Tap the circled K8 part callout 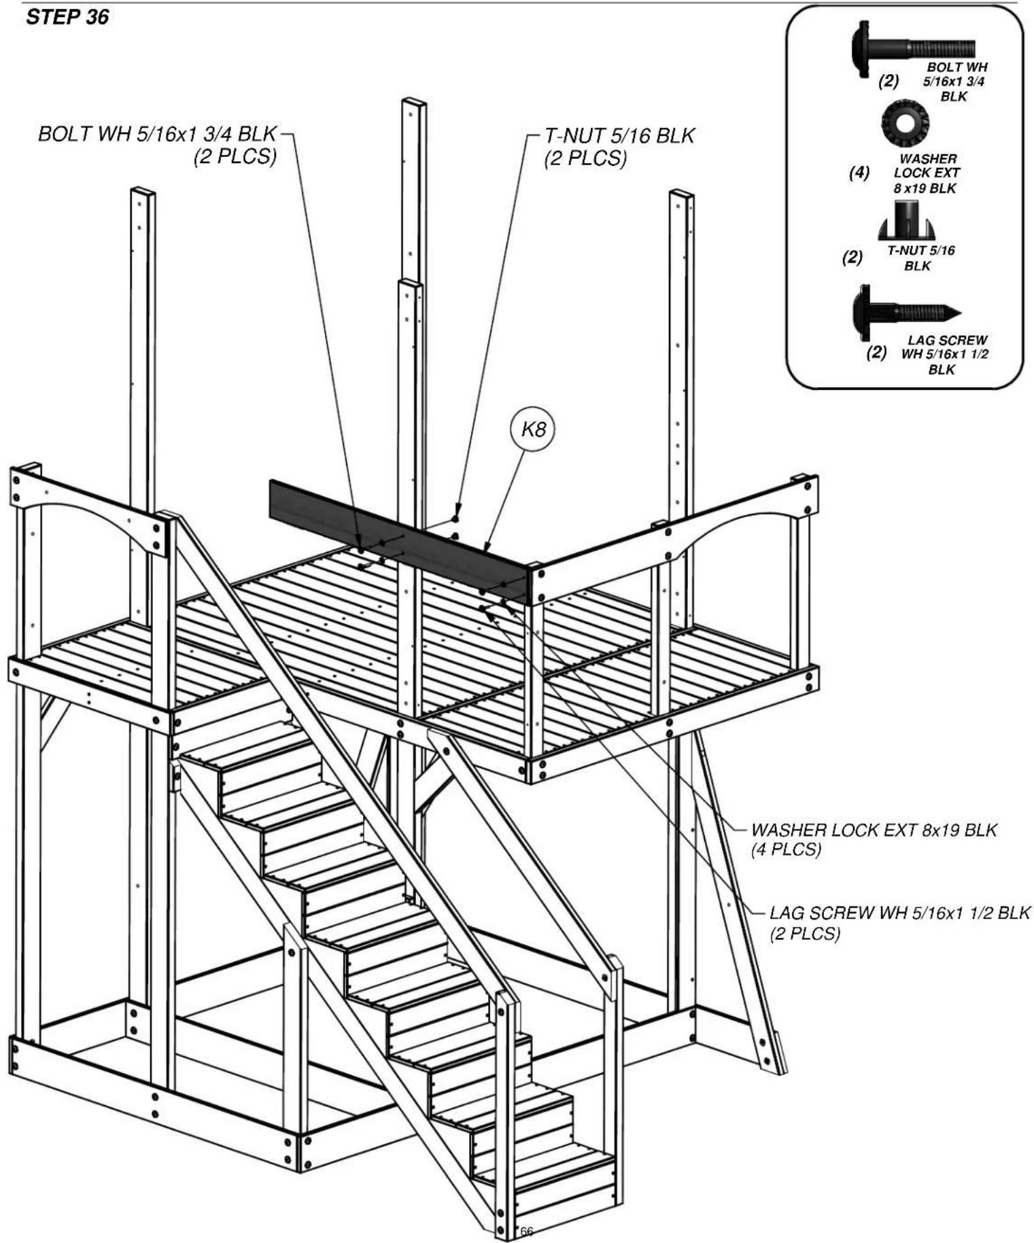pos(532,430)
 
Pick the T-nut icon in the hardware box pos(903,222)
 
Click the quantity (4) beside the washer pos(859,173)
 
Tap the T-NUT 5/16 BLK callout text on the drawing pos(619,135)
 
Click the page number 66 pos(527,1231)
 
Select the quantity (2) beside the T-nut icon pos(852,257)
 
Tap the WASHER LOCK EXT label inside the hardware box pos(927,173)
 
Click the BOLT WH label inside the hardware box pos(955,82)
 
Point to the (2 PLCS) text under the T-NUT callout pos(585,158)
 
